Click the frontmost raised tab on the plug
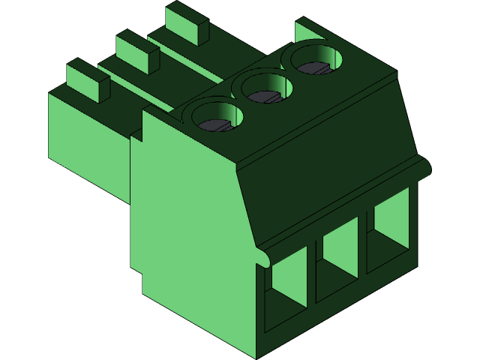[x=88, y=80]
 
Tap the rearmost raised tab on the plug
[x=187, y=22]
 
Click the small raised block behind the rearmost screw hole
[x=307, y=30]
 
